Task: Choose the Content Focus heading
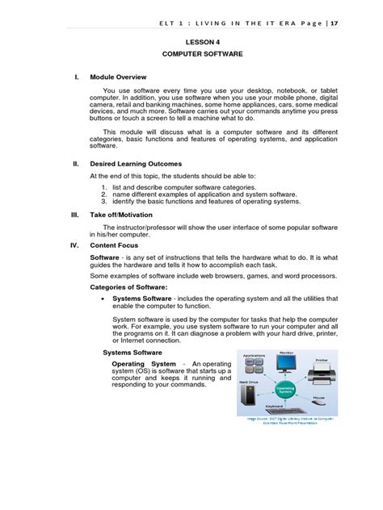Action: click(x=116, y=245)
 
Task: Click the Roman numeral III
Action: click(x=74, y=215)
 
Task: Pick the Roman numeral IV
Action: click(x=74, y=245)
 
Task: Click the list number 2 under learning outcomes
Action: click(x=104, y=194)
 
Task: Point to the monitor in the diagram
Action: click(x=285, y=363)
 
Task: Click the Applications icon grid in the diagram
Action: click(x=254, y=366)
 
